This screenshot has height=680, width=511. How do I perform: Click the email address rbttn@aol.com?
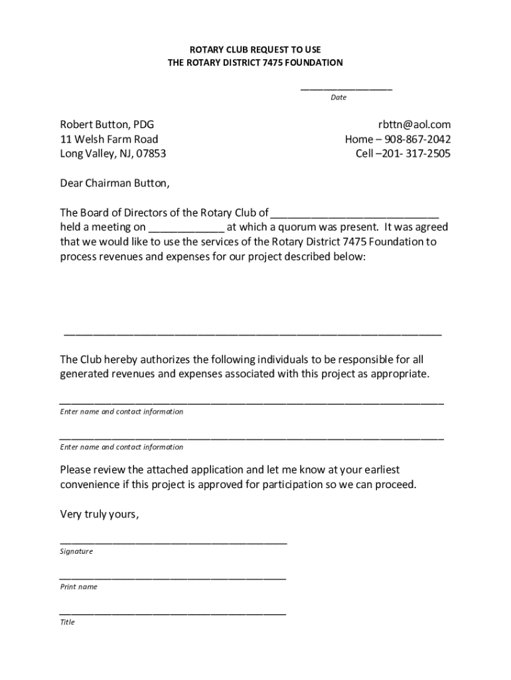point(414,124)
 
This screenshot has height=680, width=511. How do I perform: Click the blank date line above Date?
point(346,88)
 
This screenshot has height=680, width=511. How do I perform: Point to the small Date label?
point(338,98)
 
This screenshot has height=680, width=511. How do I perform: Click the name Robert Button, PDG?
point(102,124)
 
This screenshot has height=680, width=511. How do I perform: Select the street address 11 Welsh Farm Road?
point(109,139)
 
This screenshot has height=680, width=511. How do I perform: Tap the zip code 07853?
point(151,154)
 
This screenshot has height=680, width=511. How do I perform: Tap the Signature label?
point(76,552)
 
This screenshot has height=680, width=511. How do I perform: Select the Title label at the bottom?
point(67,622)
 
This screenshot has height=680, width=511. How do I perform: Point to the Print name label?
point(78,587)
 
